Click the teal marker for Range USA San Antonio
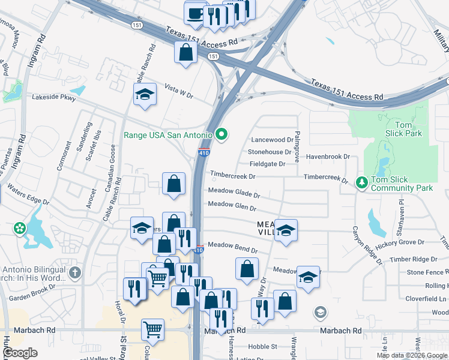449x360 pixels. pos(221,134)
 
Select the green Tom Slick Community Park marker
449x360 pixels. pos(361,182)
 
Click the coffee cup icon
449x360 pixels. pos(196,14)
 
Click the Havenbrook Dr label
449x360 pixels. pos(328,157)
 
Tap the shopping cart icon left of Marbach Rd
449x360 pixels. pos(153,329)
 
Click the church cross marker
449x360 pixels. pos(74,274)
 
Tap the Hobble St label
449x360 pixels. pos(262,346)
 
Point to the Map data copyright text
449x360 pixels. pos(412,355)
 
